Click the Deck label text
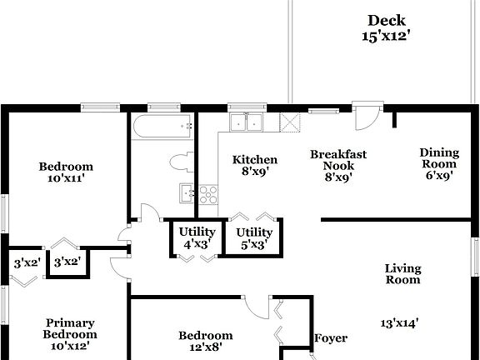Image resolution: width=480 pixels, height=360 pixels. (x=387, y=21)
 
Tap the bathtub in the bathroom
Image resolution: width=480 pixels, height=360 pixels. (x=162, y=128)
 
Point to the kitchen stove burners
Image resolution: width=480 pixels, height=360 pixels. (x=208, y=194)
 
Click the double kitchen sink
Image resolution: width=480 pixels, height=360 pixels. (x=246, y=122)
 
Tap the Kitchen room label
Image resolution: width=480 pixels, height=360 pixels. (x=255, y=160)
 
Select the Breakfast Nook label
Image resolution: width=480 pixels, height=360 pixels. (x=338, y=160)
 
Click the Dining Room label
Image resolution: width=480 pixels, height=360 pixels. (x=439, y=158)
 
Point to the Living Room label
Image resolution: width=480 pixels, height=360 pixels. (x=403, y=274)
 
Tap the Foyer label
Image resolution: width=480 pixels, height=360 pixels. (x=330, y=338)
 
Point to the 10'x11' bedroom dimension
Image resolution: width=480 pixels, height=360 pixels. (x=66, y=178)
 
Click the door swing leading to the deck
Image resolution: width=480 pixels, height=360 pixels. (x=364, y=117)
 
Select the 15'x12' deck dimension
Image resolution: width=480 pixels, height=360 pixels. (x=387, y=37)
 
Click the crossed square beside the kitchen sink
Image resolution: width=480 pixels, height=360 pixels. (x=291, y=122)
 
